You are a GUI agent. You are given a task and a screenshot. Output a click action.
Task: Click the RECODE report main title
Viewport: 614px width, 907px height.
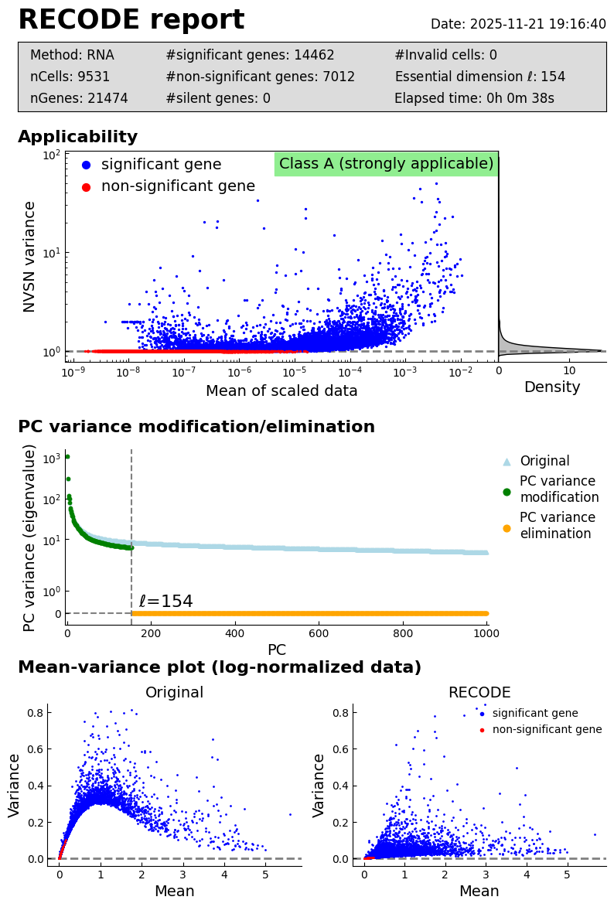131,21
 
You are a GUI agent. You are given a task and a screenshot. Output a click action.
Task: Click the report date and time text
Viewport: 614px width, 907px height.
518,25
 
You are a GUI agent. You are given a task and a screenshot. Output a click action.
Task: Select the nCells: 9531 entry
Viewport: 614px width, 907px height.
70,77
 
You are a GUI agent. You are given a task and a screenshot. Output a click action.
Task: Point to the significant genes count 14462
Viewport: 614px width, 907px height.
250,55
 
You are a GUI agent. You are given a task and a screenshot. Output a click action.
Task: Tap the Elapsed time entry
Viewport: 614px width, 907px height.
474,98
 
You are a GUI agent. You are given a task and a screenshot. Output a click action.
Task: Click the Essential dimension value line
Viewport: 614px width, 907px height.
479,77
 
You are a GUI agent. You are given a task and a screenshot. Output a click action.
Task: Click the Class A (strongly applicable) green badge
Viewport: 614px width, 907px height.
386,164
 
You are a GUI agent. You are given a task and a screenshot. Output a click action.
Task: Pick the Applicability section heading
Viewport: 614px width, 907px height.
77,138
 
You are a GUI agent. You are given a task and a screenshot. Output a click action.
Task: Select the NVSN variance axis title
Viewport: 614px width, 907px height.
29,256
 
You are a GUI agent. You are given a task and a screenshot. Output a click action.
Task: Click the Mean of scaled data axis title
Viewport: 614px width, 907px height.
281,391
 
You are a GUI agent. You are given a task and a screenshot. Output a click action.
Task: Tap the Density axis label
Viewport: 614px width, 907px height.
552,387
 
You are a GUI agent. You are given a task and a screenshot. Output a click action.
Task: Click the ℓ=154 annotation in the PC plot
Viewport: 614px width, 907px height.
165,602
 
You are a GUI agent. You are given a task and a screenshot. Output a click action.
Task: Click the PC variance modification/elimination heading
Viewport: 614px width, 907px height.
196,428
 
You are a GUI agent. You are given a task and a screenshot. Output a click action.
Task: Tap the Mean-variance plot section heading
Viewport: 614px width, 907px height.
220,668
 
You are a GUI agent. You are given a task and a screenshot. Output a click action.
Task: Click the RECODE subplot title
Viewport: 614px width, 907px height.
479,693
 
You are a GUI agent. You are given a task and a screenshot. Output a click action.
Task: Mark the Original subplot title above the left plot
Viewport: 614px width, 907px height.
175,693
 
